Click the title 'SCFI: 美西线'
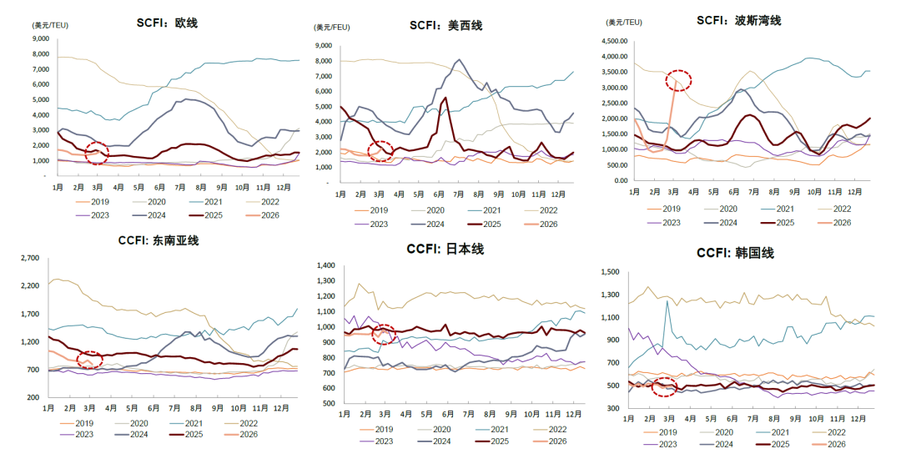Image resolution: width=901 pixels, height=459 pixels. click(445, 25)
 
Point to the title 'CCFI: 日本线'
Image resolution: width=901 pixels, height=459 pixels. click(445, 249)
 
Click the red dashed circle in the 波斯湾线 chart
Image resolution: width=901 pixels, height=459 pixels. click(678, 80)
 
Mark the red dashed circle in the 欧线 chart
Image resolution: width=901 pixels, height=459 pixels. click(97, 152)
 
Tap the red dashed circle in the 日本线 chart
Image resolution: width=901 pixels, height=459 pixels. click(384, 334)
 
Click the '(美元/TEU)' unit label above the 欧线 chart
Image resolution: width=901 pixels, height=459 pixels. click(50, 25)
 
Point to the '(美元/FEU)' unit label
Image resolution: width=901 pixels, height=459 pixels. click(332, 28)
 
